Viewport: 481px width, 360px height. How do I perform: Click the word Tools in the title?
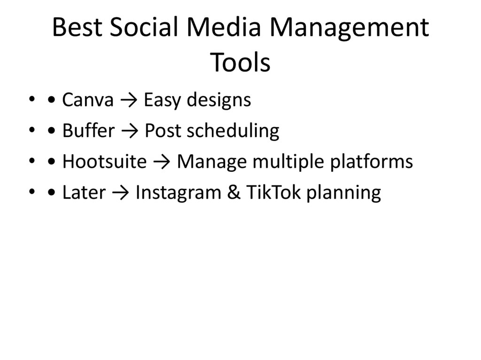click(240, 63)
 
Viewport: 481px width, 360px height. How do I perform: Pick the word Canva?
click(88, 100)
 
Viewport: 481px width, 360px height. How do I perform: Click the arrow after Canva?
click(128, 100)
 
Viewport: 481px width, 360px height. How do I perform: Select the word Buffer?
click(88, 131)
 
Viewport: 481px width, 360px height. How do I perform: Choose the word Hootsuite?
click(104, 162)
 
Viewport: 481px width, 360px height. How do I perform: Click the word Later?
click(84, 193)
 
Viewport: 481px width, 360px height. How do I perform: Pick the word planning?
click(343, 193)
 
